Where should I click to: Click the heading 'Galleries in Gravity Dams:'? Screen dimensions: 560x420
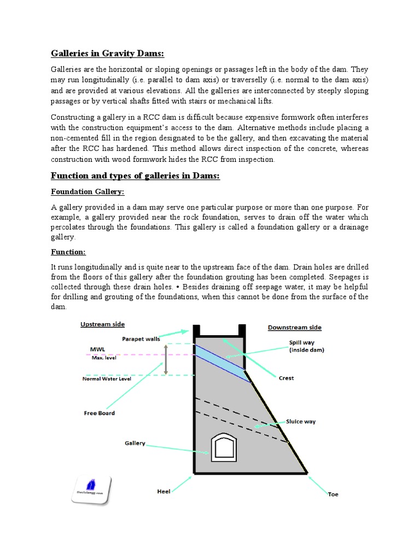coord(107,53)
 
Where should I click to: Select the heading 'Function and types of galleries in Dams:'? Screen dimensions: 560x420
coord(135,176)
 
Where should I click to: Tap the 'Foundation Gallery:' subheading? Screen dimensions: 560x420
coord(87,192)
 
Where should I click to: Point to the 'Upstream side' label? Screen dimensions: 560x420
coord(102,324)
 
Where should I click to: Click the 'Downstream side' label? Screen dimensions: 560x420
coord(294,328)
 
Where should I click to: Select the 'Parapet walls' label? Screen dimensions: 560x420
coord(142,339)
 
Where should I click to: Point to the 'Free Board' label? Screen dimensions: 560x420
coord(99,413)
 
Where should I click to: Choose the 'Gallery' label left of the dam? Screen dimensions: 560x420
coord(135,443)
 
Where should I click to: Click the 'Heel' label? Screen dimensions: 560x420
coord(165,492)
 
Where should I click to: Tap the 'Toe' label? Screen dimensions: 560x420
coord(333,494)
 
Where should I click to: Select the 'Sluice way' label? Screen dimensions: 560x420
coord(301,422)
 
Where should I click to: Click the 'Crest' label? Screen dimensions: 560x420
coord(286,378)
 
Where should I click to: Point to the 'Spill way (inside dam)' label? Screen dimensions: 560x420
coord(306,347)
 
